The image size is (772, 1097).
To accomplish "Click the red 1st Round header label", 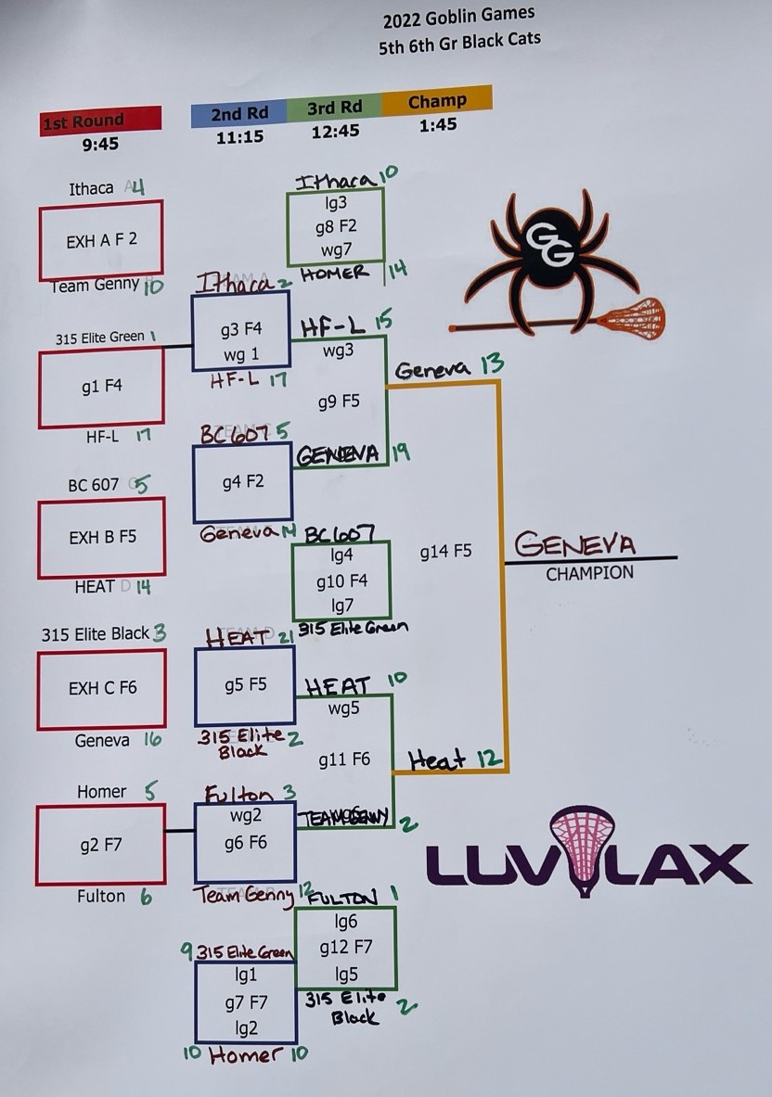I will tap(100, 121).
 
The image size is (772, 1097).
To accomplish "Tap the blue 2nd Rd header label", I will tap(239, 114).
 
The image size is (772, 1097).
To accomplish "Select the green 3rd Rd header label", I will tap(334, 108).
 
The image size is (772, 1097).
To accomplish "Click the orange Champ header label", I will tap(436, 100).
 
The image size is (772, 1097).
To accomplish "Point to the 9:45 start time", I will tap(99, 144).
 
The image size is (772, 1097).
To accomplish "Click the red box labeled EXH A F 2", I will tap(101, 240).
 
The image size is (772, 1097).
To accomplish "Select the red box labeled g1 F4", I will tap(101, 387).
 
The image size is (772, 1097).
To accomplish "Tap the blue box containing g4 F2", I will tap(243, 482).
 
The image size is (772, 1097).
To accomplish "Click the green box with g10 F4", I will tap(341, 581).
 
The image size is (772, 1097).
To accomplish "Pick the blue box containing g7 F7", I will tap(246, 1002).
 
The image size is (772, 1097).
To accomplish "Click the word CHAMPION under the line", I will tap(589, 574).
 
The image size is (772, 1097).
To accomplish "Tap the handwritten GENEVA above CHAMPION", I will tap(575, 542).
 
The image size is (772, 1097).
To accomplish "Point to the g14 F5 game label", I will tap(445, 551).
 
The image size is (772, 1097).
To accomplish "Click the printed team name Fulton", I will tap(101, 896).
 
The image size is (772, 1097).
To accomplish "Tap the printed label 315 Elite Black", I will tap(95, 634).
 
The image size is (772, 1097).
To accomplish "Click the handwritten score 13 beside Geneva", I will tap(492, 364).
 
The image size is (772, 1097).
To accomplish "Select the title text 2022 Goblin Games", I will tap(458, 16).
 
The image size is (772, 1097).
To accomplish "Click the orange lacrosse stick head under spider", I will tap(631, 317).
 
